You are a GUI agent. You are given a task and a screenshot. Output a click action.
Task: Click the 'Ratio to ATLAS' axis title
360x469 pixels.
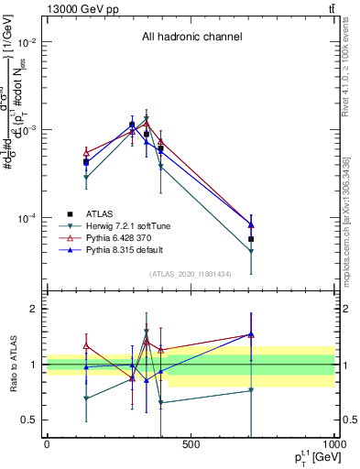(12, 365)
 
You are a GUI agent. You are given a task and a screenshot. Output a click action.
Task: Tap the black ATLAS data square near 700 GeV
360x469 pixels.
(251, 239)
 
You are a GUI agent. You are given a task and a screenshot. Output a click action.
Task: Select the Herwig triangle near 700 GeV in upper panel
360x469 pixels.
(251, 251)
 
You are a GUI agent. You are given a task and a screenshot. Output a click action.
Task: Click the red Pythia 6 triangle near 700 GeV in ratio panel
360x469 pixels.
(251, 335)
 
